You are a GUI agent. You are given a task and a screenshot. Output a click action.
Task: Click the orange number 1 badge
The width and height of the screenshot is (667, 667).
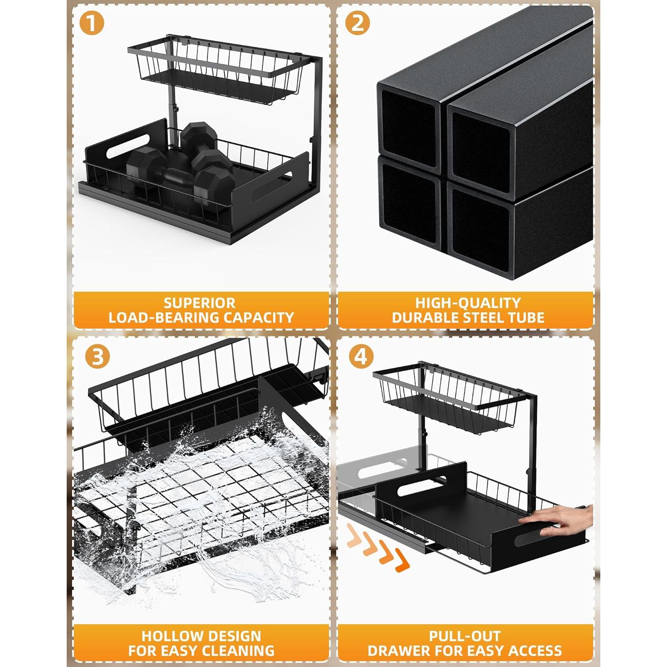(91, 23)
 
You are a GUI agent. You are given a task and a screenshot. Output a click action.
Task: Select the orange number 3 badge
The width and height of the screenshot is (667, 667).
(97, 357)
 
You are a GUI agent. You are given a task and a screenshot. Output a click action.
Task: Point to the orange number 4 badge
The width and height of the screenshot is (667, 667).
(361, 357)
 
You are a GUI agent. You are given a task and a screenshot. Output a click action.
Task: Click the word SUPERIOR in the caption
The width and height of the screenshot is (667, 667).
(200, 303)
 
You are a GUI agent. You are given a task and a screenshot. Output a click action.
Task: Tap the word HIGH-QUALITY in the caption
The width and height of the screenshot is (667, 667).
(468, 303)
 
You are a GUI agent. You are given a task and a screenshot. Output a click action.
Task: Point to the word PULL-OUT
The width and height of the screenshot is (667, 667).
(465, 636)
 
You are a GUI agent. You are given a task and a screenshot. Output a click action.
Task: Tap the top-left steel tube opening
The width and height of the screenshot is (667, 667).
(408, 120)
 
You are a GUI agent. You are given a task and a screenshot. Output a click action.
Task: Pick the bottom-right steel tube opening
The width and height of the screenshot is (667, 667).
(480, 227)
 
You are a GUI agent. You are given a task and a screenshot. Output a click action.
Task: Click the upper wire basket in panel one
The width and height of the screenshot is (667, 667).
(218, 71)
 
